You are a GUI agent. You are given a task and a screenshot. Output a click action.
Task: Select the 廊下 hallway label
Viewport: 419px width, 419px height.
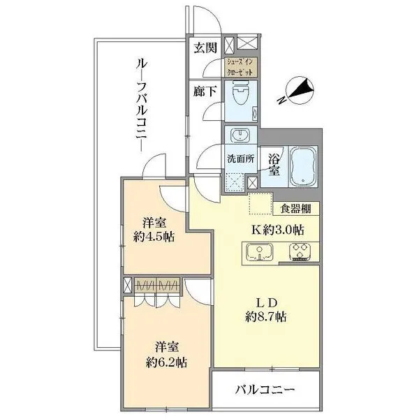pyautogui.click(x=205, y=91)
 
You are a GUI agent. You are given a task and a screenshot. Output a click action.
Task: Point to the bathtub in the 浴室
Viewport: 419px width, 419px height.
pyautogui.click(x=302, y=163)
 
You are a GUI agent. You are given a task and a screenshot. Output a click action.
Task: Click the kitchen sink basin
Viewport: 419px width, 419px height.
pyautogui.click(x=258, y=252)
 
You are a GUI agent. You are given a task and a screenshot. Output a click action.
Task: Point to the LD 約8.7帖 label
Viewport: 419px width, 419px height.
pyautogui.click(x=265, y=309)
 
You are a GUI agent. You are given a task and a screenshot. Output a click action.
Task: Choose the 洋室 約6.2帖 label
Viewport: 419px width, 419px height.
pyautogui.click(x=166, y=355)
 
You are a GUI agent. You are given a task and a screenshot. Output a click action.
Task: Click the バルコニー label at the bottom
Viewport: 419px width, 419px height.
pyautogui.click(x=266, y=388)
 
